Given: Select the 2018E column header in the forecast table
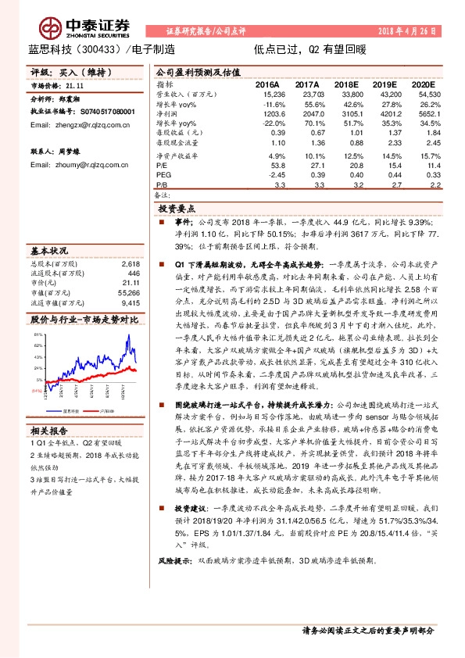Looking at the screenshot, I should [345, 84].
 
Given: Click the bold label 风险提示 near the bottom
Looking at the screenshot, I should [174, 583].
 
